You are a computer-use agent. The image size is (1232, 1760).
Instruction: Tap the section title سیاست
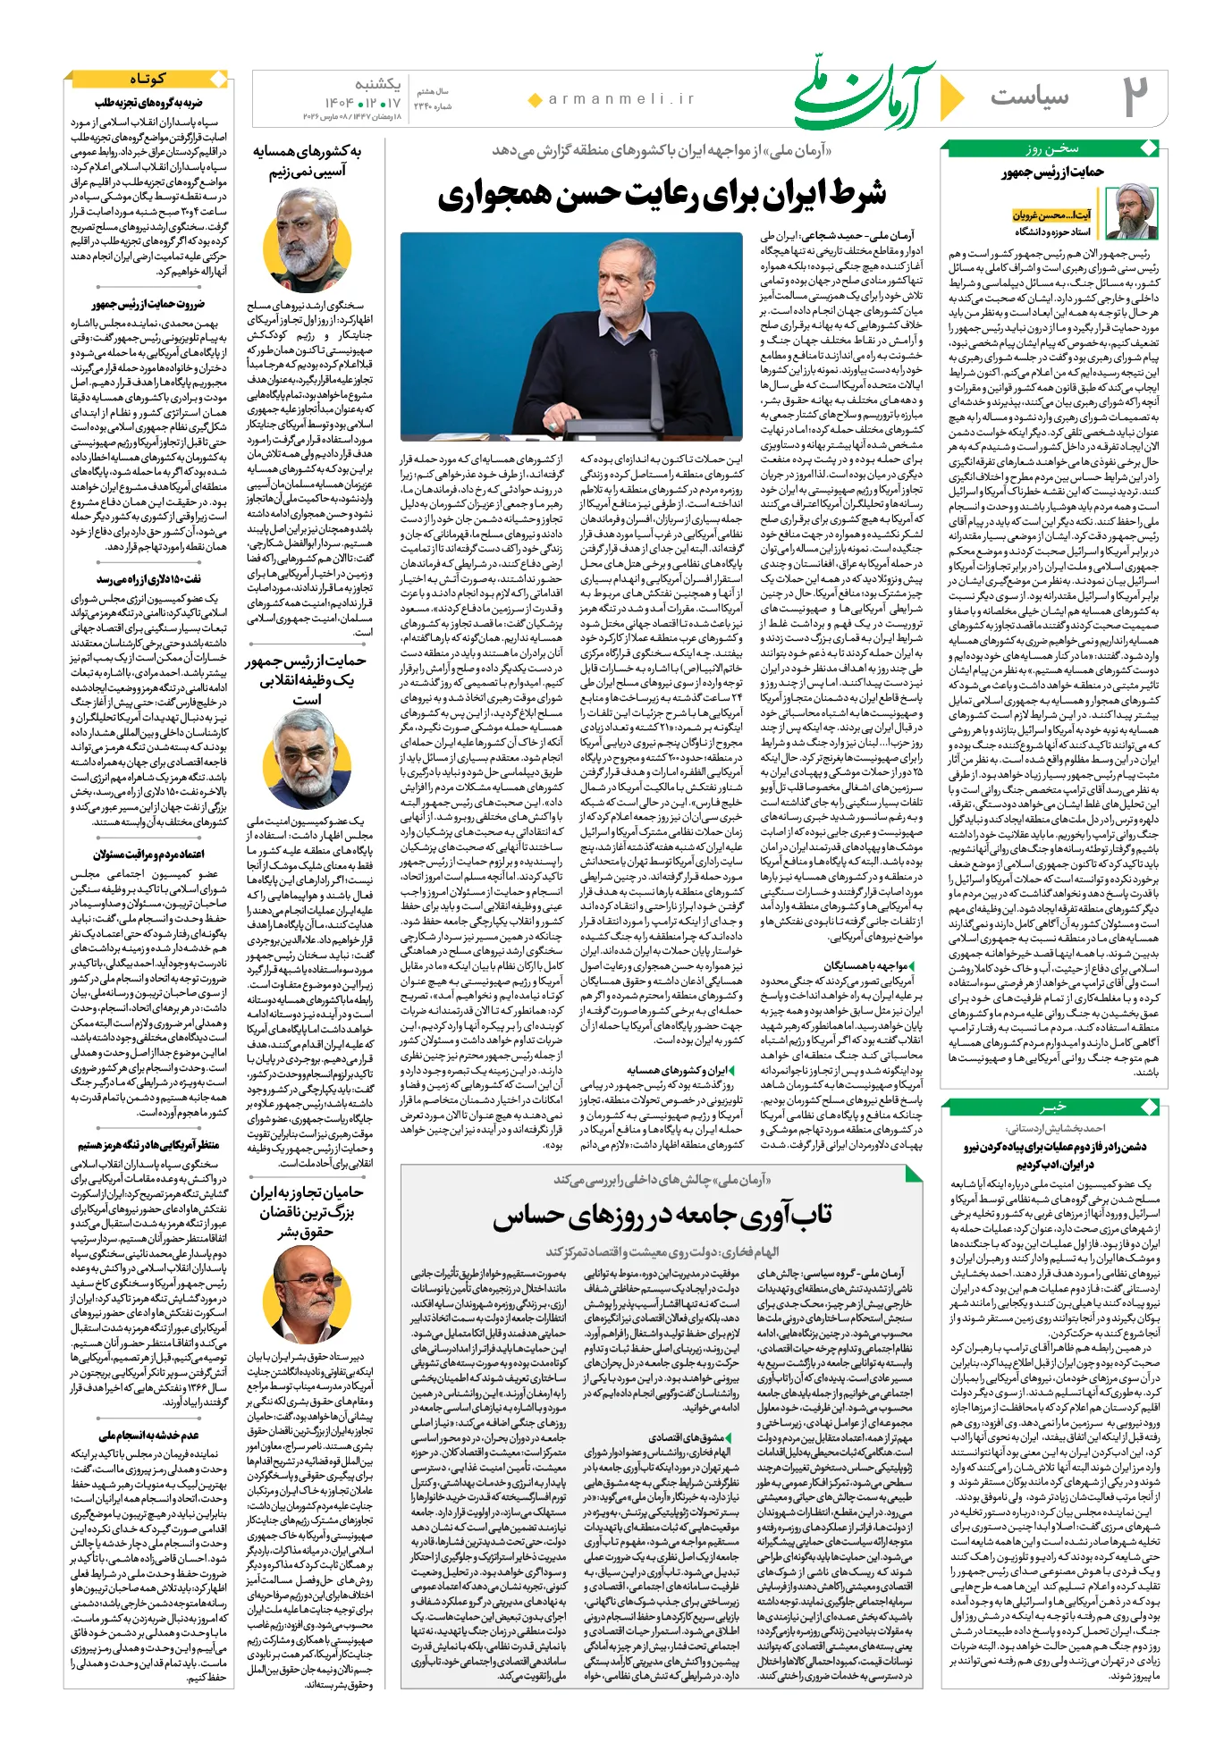[1029, 96]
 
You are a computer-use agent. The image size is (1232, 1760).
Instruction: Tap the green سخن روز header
[1052, 148]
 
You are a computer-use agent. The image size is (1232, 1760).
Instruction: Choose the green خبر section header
[1053, 1107]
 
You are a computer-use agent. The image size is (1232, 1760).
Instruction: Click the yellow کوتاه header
[148, 80]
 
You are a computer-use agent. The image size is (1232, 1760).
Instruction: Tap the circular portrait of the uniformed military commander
[307, 237]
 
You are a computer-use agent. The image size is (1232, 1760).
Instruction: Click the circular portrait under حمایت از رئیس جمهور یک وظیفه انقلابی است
[307, 760]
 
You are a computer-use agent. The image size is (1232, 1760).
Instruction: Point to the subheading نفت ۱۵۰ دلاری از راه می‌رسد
[148, 580]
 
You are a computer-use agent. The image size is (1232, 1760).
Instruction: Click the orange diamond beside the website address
[535, 100]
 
